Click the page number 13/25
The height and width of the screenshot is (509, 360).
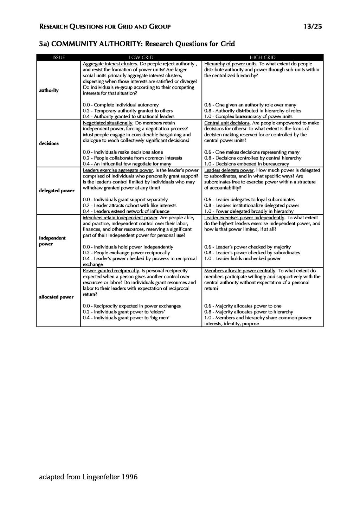click(x=312, y=26)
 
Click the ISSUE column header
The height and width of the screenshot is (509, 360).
click(x=58, y=58)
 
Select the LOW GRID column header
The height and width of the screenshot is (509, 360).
click(x=141, y=58)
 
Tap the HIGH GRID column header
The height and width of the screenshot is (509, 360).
click(x=262, y=58)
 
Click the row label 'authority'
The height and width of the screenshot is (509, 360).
click(x=49, y=90)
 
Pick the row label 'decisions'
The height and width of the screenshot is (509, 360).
click(x=49, y=143)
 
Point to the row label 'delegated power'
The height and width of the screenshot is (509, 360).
click(x=57, y=191)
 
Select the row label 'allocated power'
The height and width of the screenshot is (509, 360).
click(x=56, y=297)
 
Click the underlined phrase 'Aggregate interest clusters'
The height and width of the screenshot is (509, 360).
click(x=110, y=64)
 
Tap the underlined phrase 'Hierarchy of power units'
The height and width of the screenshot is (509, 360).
click(x=230, y=64)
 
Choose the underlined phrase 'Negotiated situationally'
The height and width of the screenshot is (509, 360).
click(x=108, y=123)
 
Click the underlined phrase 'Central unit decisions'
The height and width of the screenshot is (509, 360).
click(x=227, y=123)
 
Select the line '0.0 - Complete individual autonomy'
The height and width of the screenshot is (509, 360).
click(x=121, y=105)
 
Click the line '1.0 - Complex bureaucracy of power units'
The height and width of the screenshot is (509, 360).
click(x=248, y=116)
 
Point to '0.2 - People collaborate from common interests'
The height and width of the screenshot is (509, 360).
click(x=132, y=158)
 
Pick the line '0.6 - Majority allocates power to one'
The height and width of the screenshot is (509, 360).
click(x=243, y=306)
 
